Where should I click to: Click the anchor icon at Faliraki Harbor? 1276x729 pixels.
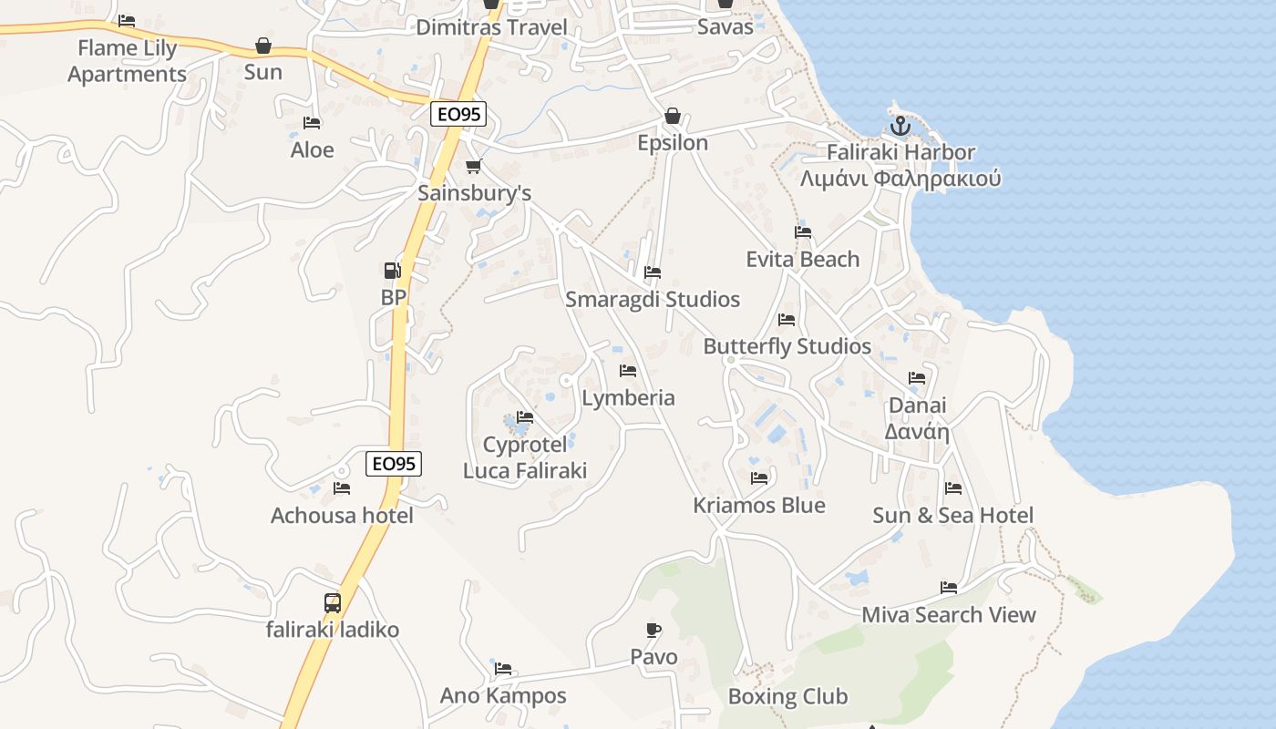pos(900,126)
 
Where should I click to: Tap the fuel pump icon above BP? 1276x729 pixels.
pos(392,271)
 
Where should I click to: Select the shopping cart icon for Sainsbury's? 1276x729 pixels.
pos(473,167)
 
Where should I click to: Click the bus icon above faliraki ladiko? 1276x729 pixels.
pos(333,602)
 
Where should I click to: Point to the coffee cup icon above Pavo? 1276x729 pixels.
pos(653,630)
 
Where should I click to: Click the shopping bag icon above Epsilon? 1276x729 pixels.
pos(673,116)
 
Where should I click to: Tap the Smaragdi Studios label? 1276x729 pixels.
pos(653,299)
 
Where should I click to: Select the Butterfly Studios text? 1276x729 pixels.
pos(787,346)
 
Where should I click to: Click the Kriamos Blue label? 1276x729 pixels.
pos(759,505)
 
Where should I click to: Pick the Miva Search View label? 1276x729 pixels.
pos(949,615)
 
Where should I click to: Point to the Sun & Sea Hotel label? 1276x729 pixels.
pos(953,515)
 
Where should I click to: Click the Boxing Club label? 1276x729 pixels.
pos(787,697)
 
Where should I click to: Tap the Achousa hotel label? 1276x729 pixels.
pos(342,515)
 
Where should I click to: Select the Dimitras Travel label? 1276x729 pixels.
pos(491,26)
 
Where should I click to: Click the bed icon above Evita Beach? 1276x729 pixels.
pos(803,232)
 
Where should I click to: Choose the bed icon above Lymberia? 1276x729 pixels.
pos(628,371)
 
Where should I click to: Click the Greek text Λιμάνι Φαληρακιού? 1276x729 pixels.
pos(900,178)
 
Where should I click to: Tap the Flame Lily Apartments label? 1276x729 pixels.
pos(127,60)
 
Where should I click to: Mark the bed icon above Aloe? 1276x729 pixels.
pos(312,123)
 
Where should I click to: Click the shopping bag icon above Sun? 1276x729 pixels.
pos(263,46)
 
